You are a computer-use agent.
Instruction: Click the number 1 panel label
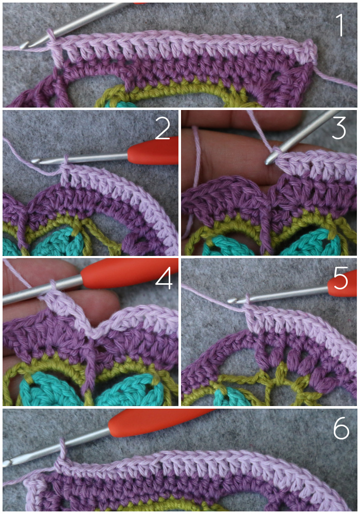(x=340, y=25)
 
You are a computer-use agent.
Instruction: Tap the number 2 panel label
(x=163, y=128)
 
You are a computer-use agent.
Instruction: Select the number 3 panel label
(x=338, y=128)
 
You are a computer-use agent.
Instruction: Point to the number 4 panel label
(x=164, y=278)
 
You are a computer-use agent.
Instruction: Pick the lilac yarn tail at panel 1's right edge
(x=336, y=79)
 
